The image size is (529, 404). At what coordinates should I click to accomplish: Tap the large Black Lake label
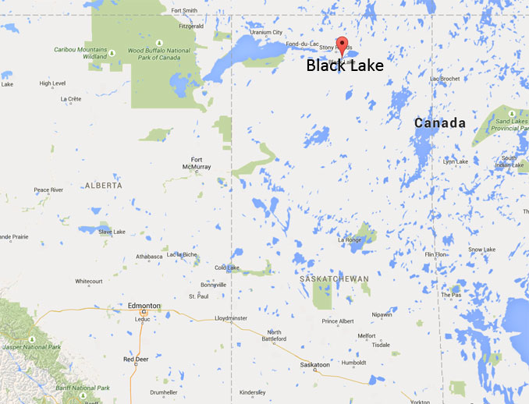[345, 66]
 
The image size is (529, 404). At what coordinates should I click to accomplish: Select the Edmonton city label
[144, 306]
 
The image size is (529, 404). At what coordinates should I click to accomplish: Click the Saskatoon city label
[316, 364]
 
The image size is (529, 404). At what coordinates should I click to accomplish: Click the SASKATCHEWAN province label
[334, 278]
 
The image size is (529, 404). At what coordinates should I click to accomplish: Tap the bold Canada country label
[440, 123]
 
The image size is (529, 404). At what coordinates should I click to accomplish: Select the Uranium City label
[266, 32]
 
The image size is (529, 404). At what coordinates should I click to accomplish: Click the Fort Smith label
[184, 10]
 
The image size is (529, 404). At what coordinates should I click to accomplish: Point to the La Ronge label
[349, 240]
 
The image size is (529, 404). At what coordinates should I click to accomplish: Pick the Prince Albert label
[338, 321]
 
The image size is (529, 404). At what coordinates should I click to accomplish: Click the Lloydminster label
[231, 318]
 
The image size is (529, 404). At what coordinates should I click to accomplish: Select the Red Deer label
[136, 359]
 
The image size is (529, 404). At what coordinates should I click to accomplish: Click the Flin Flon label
[435, 255]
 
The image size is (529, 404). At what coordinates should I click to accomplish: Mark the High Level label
[52, 83]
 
